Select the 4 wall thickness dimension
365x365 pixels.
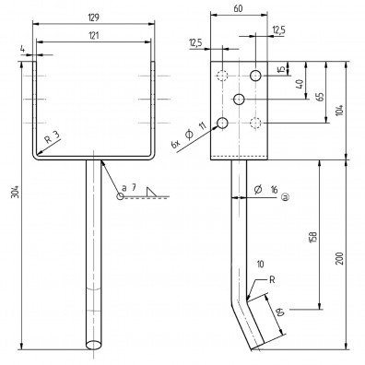click(x=20, y=63)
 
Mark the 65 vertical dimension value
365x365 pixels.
click(x=319, y=96)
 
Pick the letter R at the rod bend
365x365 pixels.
click(x=261, y=278)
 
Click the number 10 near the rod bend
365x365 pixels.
click(x=261, y=265)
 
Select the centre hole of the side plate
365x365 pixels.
click(x=240, y=100)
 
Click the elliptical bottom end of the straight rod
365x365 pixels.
click(x=94, y=343)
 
